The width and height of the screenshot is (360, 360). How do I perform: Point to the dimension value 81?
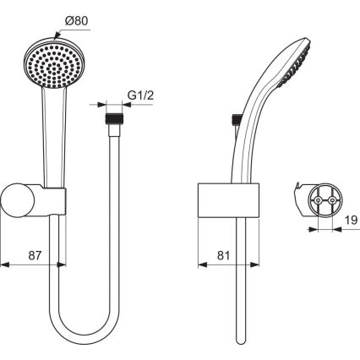(x=222, y=254)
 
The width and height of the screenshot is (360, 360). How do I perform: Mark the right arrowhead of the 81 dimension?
(x=244, y=264)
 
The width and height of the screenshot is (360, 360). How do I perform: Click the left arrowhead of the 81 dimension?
(x=199, y=264)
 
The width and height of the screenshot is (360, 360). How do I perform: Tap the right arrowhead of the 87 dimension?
(x=61, y=264)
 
